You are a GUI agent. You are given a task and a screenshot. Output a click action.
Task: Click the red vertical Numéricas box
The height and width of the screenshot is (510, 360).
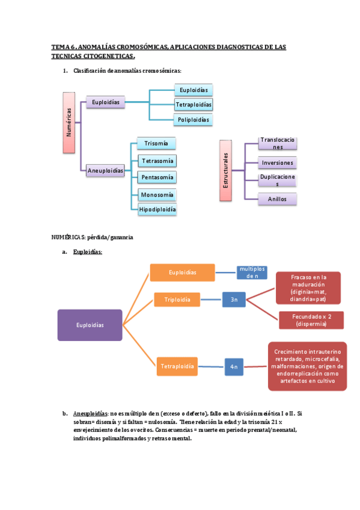click(x=69, y=122)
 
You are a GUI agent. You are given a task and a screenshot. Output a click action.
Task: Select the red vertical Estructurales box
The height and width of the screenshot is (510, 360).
click(x=225, y=170)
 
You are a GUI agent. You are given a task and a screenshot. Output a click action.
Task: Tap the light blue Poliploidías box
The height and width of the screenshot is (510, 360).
click(x=194, y=120)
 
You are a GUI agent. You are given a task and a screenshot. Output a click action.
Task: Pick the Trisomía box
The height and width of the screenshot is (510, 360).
click(x=156, y=143)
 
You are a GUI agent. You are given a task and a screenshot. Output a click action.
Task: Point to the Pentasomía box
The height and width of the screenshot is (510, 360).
click(x=157, y=177)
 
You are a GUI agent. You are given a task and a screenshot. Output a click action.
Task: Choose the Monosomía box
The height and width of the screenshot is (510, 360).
click(x=157, y=195)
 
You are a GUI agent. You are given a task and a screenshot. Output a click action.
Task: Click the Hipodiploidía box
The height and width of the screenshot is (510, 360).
click(x=157, y=209)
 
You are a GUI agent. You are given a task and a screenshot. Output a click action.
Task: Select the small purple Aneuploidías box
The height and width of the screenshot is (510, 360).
click(x=105, y=171)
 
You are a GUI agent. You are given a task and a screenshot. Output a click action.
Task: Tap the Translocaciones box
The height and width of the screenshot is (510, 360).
click(x=277, y=143)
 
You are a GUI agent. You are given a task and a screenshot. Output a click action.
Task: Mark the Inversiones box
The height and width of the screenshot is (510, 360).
click(x=277, y=162)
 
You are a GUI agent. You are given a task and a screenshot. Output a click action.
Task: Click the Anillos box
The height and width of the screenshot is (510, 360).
click(x=277, y=199)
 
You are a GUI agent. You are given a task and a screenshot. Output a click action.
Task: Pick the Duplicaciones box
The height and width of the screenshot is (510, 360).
click(x=277, y=180)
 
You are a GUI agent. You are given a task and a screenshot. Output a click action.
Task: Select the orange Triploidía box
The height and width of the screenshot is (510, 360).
click(x=178, y=299)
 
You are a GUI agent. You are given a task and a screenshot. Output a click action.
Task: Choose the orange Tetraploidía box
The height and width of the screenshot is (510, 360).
click(x=177, y=366)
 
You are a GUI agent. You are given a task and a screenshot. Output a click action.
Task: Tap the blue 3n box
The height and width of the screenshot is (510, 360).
click(x=234, y=299)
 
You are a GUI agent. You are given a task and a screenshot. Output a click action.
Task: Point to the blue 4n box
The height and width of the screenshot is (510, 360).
click(x=234, y=366)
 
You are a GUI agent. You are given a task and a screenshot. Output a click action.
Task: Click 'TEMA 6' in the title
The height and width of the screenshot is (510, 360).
click(x=64, y=46)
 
